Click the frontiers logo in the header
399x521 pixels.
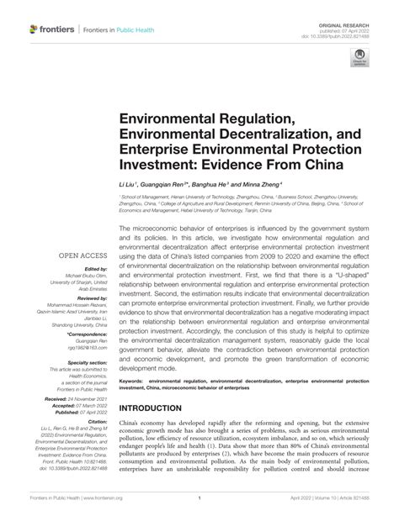[x=49, y=29]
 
